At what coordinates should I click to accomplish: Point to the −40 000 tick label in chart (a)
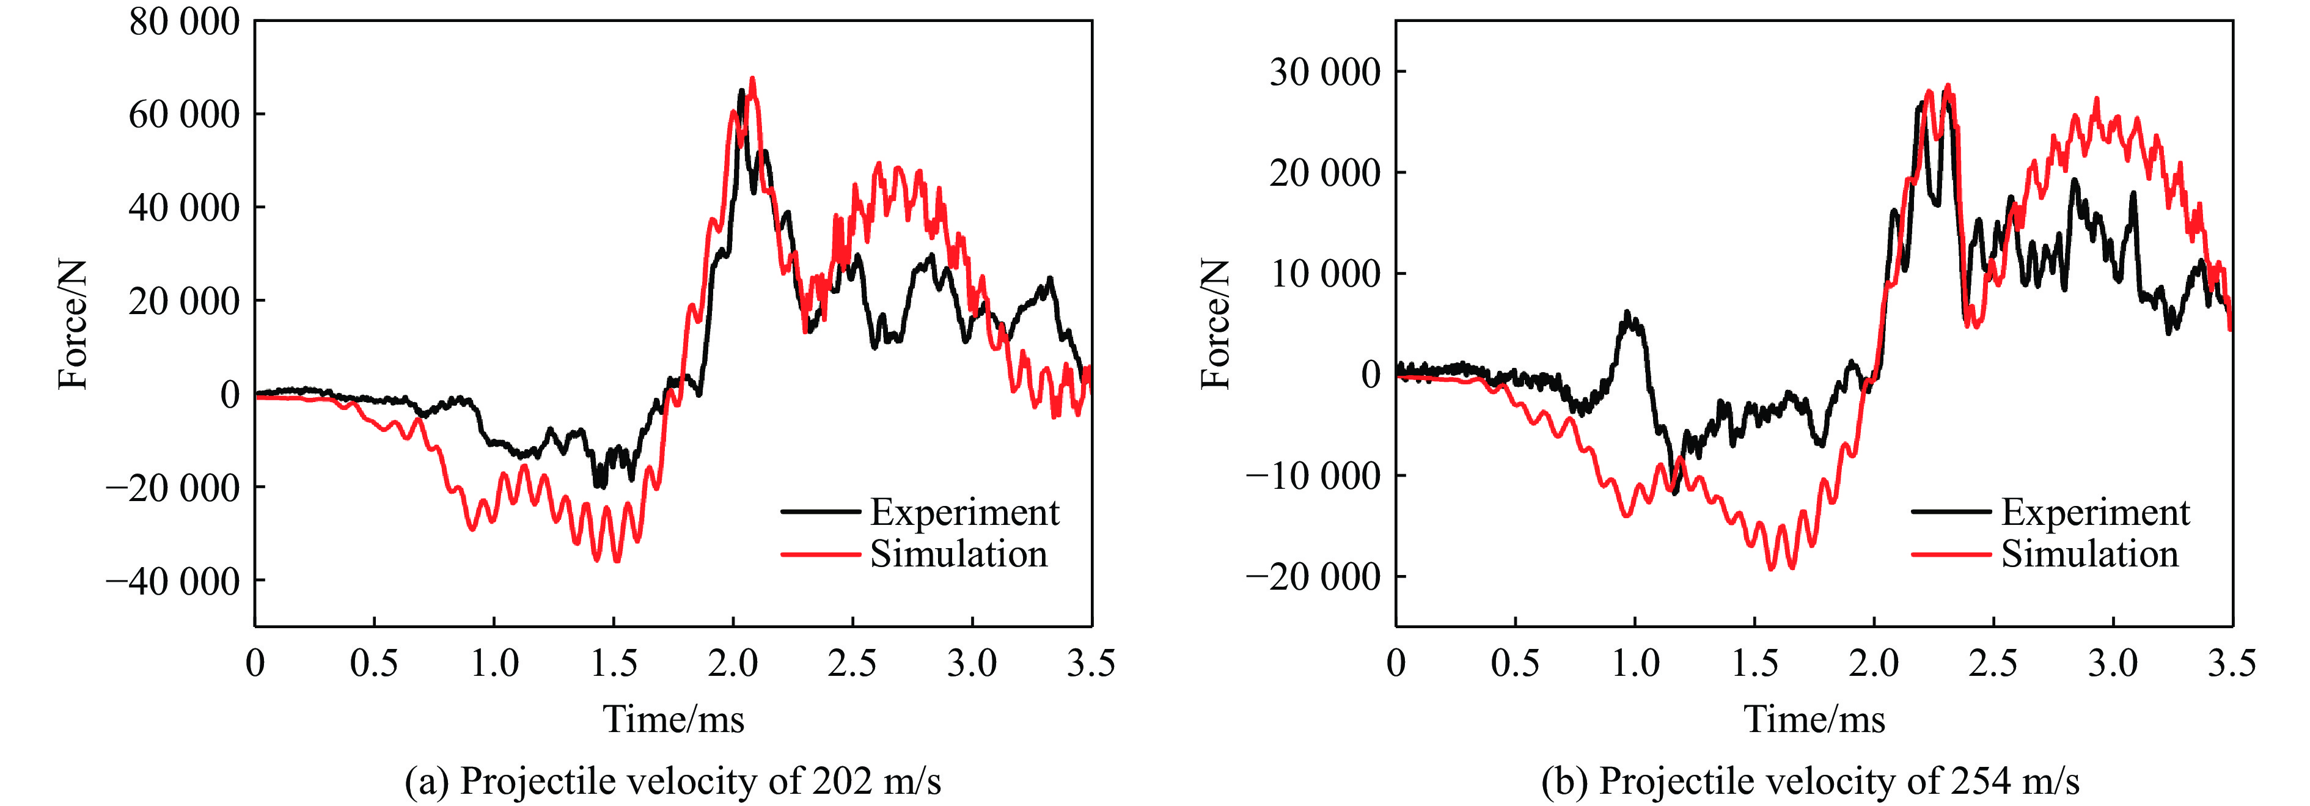pyautogui.click(x=173, y=582)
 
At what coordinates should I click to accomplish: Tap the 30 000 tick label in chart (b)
pyautogui.click(x=1324, y=71)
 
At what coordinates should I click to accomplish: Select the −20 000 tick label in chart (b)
pyautogui.click(x=1314, y=576)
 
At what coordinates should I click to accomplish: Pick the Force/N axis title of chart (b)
pyautogui.click(x=1215, y=324)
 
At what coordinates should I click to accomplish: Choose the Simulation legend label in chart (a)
pyautogui.click(x=959, y=554)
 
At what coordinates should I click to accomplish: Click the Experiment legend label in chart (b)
pyautogui.click(x=2095, y=512)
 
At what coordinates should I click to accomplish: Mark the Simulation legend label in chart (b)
pyautogui.click(x=2089, y=554)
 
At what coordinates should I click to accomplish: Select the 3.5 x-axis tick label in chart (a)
pyautogui.click(x=1090, y=664)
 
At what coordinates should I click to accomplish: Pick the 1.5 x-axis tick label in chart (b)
pyautogui.click(x=1754, y=664)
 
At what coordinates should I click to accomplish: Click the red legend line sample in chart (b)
pyautogui.click(x=1951, y=555)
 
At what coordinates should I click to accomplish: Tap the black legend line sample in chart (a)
pyautogui.click(x=820, y=512)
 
